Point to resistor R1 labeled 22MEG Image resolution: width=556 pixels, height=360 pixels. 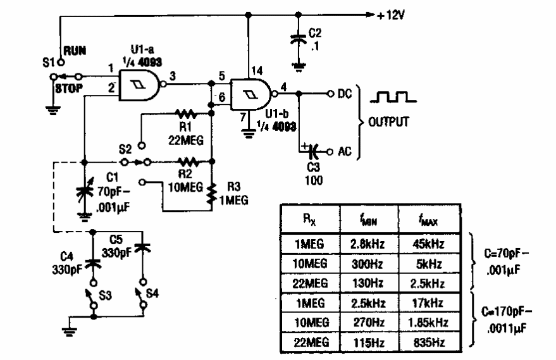(187, 114)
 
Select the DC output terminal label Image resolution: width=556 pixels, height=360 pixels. (345, 94)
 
